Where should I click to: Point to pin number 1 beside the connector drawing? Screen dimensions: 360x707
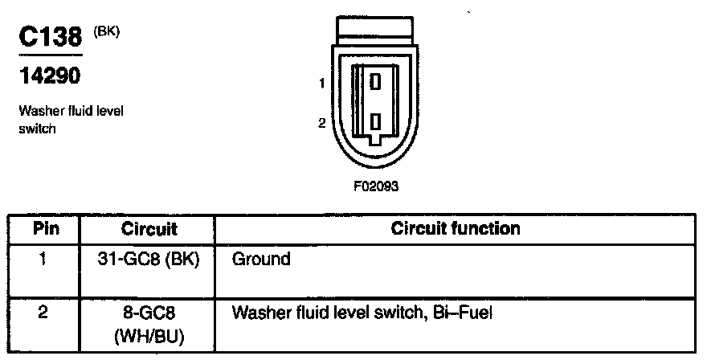[321, 83]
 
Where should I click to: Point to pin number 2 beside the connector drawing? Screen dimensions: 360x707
[321, 123]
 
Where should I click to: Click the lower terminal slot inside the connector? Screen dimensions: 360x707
[375, 122]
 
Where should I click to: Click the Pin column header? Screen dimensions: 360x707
[46, 228]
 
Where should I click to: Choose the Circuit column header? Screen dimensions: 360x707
[149, 229]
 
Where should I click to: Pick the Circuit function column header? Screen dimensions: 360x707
[456, 228]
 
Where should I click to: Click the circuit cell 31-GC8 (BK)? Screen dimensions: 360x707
[149, 260]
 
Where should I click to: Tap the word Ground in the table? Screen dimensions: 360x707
[260, 260]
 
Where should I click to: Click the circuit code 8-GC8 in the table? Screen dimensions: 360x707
[149, 312]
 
